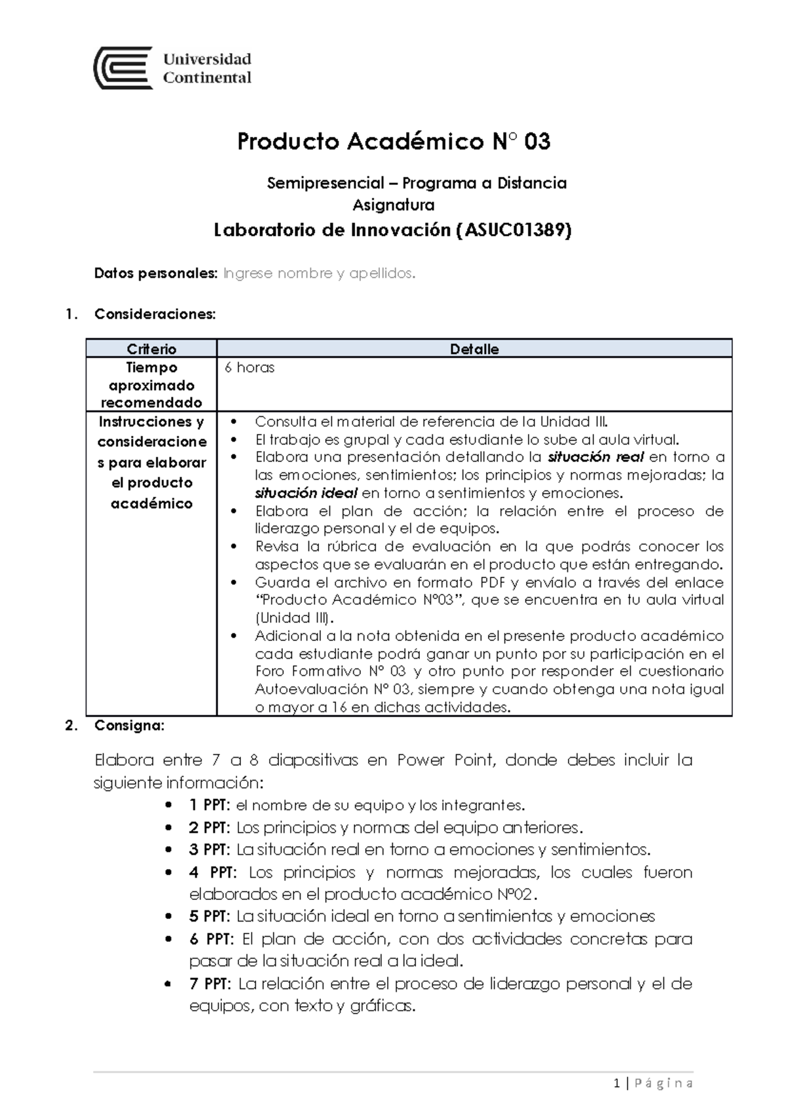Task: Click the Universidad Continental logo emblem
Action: pos(123,68)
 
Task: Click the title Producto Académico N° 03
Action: pos(393,142)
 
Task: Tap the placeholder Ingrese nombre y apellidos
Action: pos(319,273)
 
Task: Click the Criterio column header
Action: pos(151,349)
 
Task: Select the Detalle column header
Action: pos(474,349)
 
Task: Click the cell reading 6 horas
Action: pos(249,368)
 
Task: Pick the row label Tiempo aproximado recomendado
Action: pos(151,385)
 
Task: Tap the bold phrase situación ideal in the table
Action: pos(306,493)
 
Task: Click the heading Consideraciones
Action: pos(155,314)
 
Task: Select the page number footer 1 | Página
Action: pos(654,1084)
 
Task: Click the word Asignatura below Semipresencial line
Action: pos(393,205)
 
